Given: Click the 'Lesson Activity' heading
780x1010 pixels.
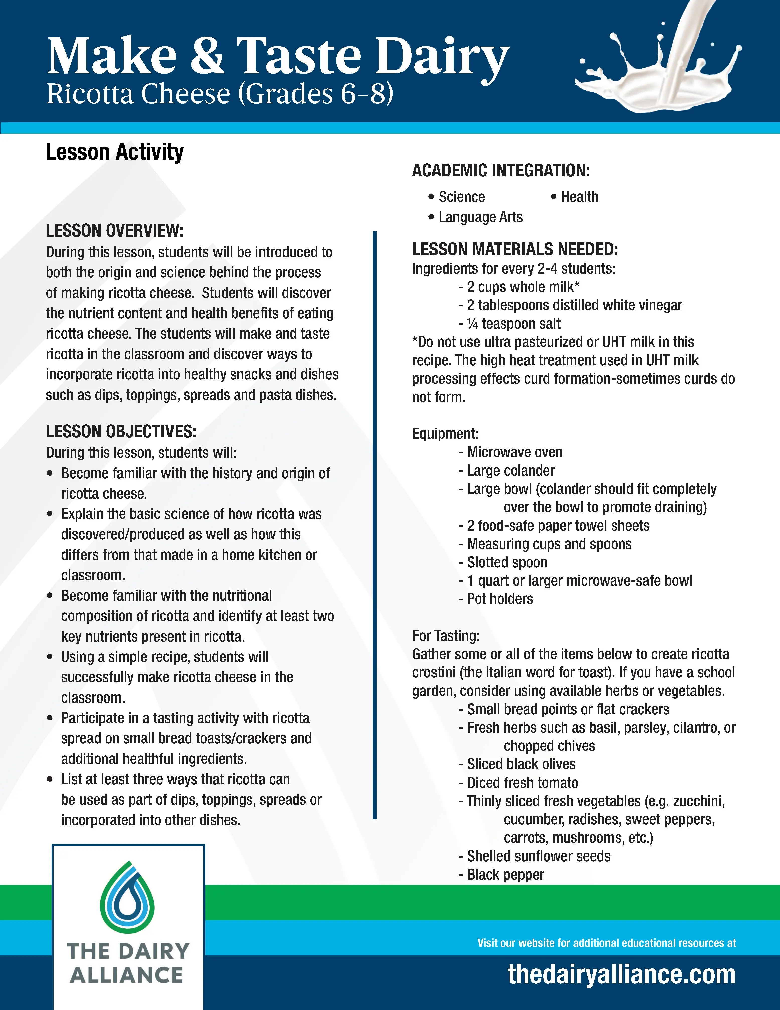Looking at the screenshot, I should [x=115, y=152].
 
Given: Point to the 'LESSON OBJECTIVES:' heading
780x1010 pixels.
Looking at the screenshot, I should [x=121, y=431].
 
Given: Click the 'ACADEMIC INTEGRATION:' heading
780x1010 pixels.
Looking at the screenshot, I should [x=501, y=170].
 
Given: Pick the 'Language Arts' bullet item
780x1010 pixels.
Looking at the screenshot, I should [x=480, y=217].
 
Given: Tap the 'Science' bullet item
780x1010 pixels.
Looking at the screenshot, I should [x=461, y=197].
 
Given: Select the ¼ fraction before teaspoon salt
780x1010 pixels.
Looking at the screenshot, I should [x=472, y=324].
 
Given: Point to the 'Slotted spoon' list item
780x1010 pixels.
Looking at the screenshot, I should [x=507, y=562].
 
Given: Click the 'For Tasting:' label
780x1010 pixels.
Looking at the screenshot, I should [x=446, y=636].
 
